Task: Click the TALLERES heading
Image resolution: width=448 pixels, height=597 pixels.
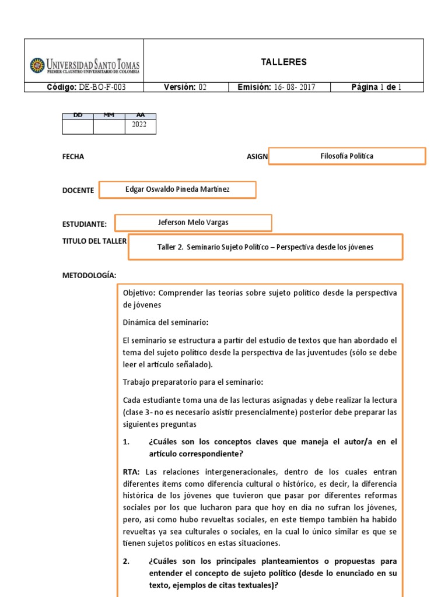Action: click(x=283, y=62)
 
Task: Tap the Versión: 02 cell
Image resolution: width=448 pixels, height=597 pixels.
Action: click(x=185, y=87)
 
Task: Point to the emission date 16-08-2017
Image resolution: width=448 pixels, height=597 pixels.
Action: click(x=276, y=87)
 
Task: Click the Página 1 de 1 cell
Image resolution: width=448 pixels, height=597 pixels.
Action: click(x=376, y=87)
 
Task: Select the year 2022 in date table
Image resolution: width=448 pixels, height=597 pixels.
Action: click(x=140, y=124)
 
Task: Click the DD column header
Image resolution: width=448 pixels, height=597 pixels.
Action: click(x=77, y=115)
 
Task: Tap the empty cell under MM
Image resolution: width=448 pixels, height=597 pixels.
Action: click(x=108, y=127)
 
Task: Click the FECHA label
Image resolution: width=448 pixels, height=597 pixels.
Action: click(x=73, y=157)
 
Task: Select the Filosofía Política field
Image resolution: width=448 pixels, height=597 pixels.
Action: click(x=347, y=156)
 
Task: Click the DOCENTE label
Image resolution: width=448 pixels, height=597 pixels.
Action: click(x=78, y=191)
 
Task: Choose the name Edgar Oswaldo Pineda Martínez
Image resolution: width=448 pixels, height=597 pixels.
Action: click(x=178, y=189)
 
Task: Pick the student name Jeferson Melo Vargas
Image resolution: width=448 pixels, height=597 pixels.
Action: click(x=193, y=223)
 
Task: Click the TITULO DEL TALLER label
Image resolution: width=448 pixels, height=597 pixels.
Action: click(x=94, y=241)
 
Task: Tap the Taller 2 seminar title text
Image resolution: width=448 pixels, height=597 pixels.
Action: click(x=265, y=247)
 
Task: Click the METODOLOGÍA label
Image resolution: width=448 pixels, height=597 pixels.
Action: click(x=89, y=275)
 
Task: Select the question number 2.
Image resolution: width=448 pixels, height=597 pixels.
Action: click(x=126, y=561)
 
